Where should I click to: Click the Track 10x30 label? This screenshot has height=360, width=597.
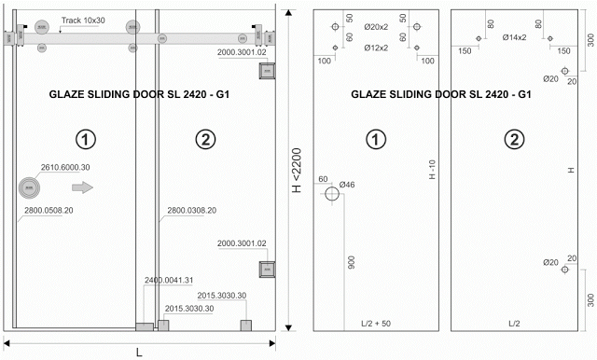[x=83, y=21]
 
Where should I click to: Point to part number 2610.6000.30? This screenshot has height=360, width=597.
[x=65, y=168]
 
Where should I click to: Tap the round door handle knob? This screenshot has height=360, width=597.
[x=29, y=187]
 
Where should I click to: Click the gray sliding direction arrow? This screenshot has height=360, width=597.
[x=83, y=187]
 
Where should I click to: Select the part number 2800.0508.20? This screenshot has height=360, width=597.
[x=49, y=211]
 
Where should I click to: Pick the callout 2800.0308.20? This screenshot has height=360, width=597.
[x=192, y=211]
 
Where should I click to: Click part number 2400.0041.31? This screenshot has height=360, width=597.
[x=169, y=280]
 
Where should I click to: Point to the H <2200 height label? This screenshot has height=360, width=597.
[x=297, y=170]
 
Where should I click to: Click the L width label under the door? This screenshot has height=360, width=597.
[x=139, y=353]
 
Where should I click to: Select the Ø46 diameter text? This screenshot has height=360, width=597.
[x=347, y=185]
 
